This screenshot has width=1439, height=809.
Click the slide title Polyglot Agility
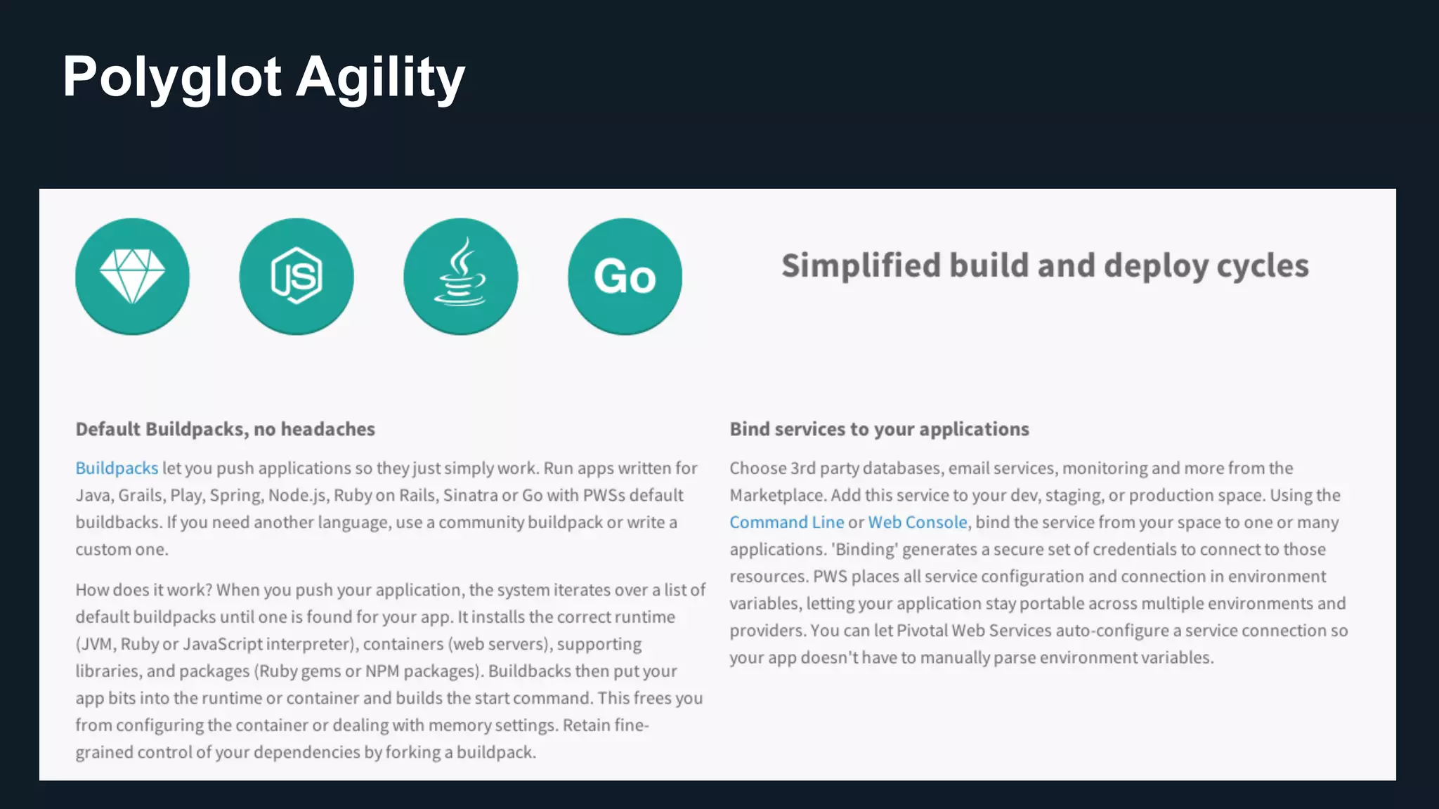[263, 77]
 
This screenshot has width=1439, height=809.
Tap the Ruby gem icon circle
[132, 276]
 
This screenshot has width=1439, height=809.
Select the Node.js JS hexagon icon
[297, 276]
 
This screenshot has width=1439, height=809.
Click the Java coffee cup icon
[460, 276]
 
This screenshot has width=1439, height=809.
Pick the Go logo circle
[625, 276]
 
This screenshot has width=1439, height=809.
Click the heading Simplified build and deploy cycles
[1045, 266]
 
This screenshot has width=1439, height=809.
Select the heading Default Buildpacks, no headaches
[225, 429]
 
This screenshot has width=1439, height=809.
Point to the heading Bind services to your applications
[879, 429]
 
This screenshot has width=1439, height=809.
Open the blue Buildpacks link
[117, 468]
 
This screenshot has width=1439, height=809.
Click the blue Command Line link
[786, 522]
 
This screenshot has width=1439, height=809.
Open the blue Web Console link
[918, 522]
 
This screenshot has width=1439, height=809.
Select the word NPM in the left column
[382, 671]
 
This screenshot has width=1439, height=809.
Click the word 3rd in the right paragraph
[802, 468]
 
